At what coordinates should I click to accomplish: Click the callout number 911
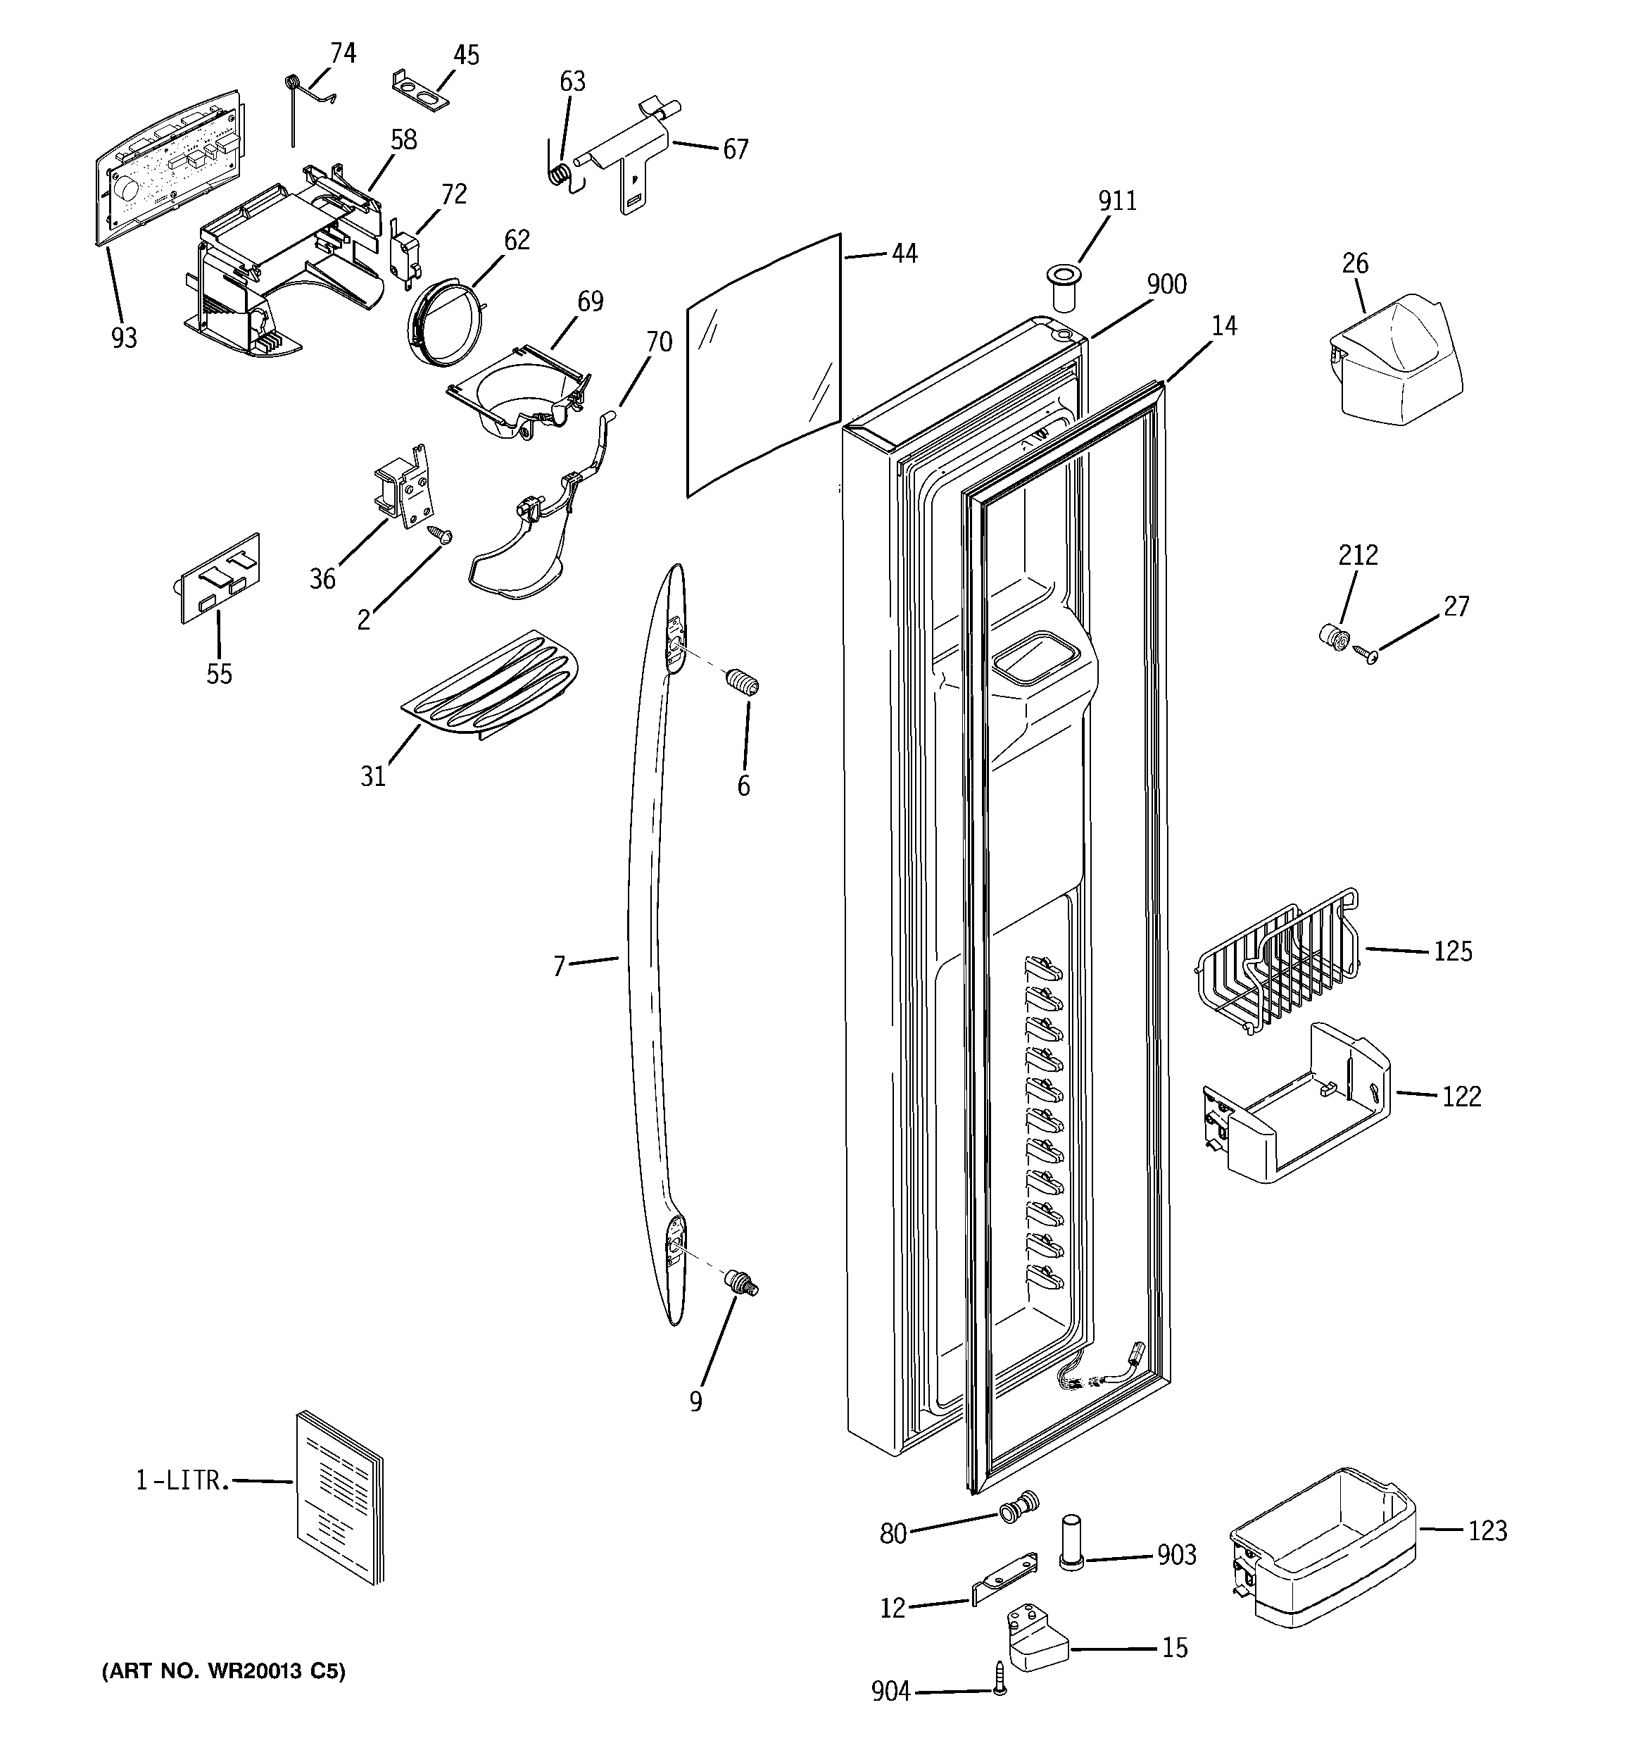[x=1117, y=201]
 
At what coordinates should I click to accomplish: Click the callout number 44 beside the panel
[x=904, y=254]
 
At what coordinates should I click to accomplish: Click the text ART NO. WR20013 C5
[x=224, y=1671]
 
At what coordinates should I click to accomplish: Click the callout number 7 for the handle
[x=558, y=966]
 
